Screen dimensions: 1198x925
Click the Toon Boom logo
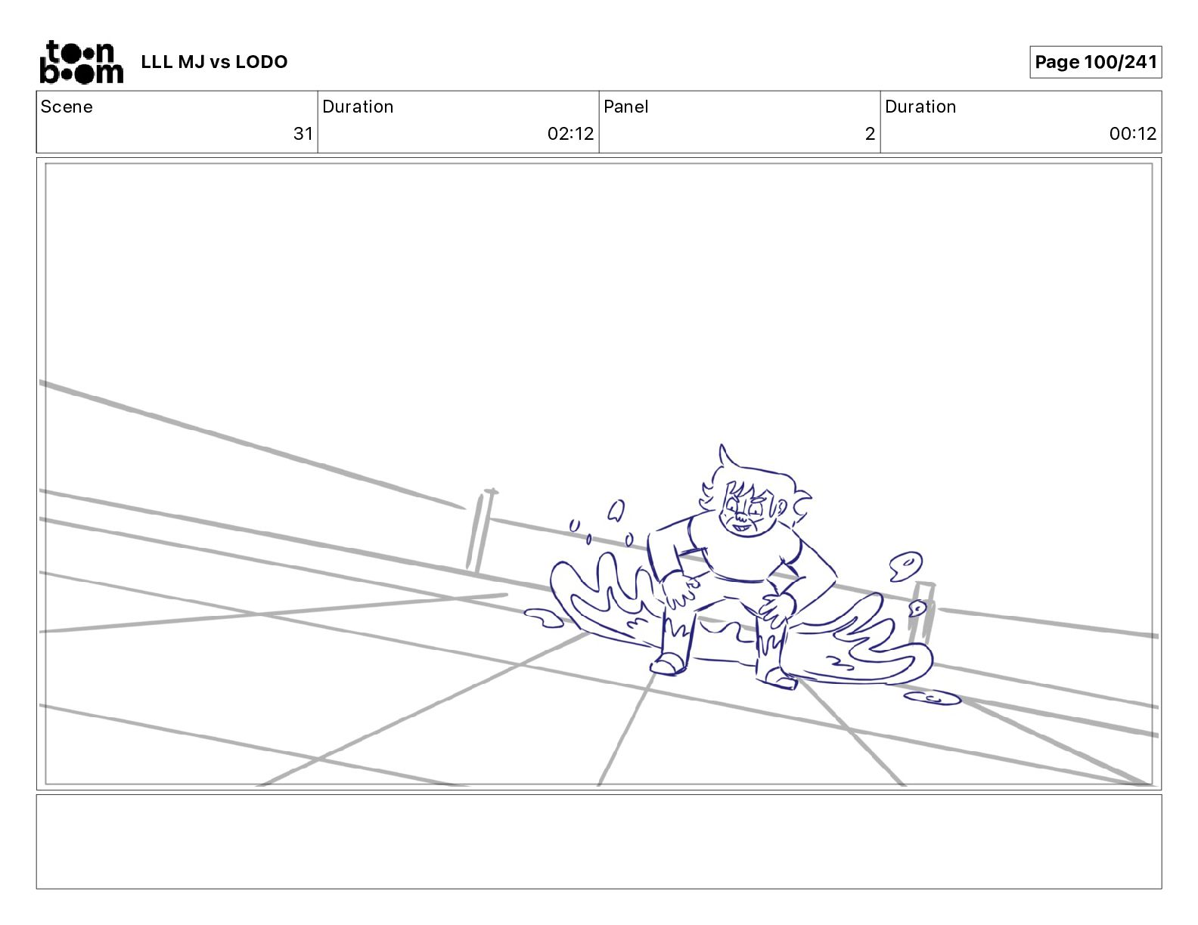[x=82, y=62]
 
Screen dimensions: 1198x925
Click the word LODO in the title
[x=262, y=62]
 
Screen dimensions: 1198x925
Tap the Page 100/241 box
[x=1095, y=62]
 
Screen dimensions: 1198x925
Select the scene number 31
[x=303, y=133]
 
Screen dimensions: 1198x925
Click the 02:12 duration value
[x=570, y=133]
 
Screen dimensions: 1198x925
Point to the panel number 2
[x=870, y=133]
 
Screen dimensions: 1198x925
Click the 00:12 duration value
[x=1133, y=133]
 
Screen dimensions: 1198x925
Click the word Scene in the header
[x=67, y=107]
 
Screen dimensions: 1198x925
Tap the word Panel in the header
[x=625, y=107]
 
